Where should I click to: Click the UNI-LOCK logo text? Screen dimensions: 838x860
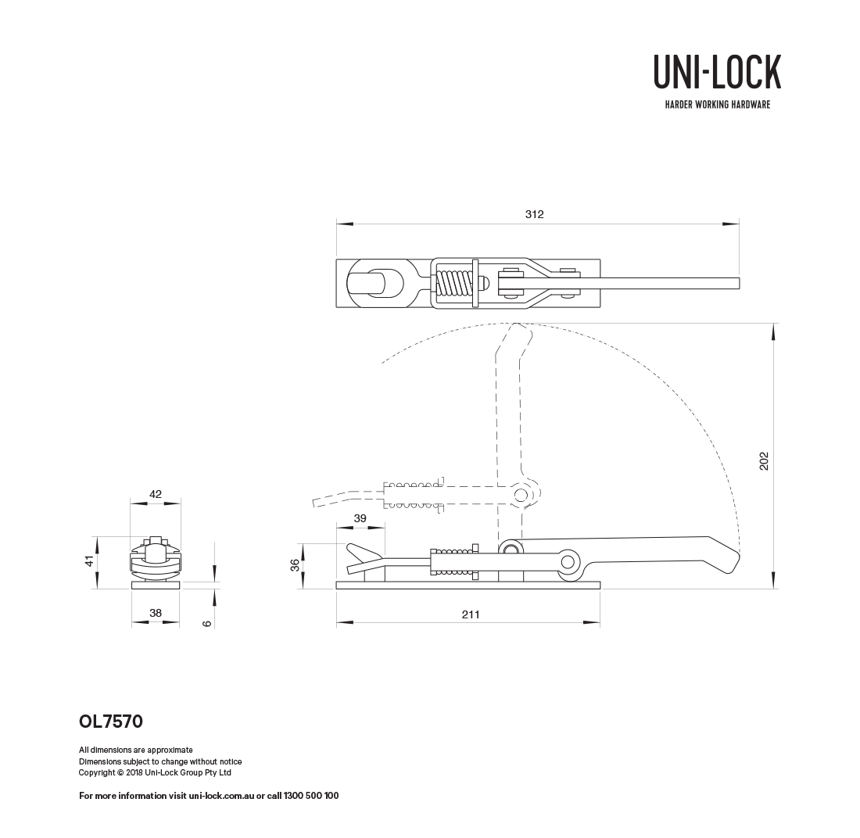coord(717,71)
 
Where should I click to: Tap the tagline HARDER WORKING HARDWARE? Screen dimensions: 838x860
coord(717,105)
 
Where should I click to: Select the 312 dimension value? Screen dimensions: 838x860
coord(534,214)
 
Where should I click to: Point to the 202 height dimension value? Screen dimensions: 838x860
coord(764,460)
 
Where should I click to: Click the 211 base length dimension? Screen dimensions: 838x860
coord(470,614)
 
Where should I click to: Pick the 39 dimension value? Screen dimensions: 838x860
coord(360,519)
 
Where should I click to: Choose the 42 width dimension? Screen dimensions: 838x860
coord(155,494)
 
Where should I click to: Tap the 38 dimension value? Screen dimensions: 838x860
coord(155,614)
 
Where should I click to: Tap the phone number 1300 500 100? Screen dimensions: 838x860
coord(310,796)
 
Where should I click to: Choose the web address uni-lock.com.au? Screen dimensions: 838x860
coord(221,796)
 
